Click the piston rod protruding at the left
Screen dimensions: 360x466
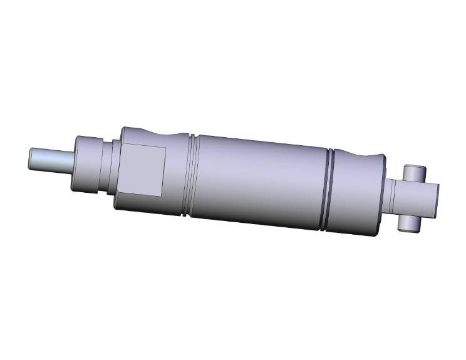pos(53,159)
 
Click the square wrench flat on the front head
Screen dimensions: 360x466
pos(143,169)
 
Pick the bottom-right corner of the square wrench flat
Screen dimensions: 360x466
pos(164,195)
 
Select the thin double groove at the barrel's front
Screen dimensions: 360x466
pos(191,175)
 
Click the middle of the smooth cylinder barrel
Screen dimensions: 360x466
pos(260,182)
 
